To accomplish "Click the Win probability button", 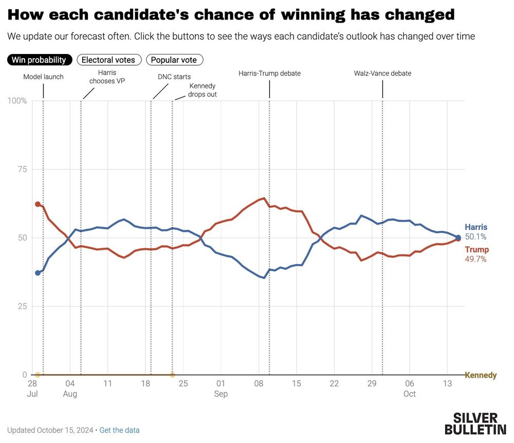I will (x=39, y=60).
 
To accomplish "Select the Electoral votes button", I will (x=108, y=60).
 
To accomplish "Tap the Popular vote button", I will (x=174, y=60).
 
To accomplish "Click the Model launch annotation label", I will (x=44, y=77).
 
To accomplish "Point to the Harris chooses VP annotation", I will (x=107, y=77).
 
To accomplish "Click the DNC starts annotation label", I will (x=174, y=77).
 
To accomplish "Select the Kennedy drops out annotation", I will (x=203, y=90).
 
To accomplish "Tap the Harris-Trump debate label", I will (x=269, y=73).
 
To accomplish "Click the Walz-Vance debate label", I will (x=382, y=73).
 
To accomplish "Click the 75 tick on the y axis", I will (x=22, y=169).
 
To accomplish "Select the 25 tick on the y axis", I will (x=22, y=306).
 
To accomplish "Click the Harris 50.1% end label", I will (x=476, y=232).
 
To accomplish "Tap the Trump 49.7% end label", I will (x=476, y=254).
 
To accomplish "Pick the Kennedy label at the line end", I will (x=481, y=375).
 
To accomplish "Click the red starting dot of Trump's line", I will (x=38, y=204).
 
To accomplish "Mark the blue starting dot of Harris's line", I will (x=38, y=273).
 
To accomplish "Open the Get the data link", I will (x=119, y=430).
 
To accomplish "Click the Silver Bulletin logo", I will (x=475, y=423).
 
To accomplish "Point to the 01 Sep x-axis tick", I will (x=221, y=389).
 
